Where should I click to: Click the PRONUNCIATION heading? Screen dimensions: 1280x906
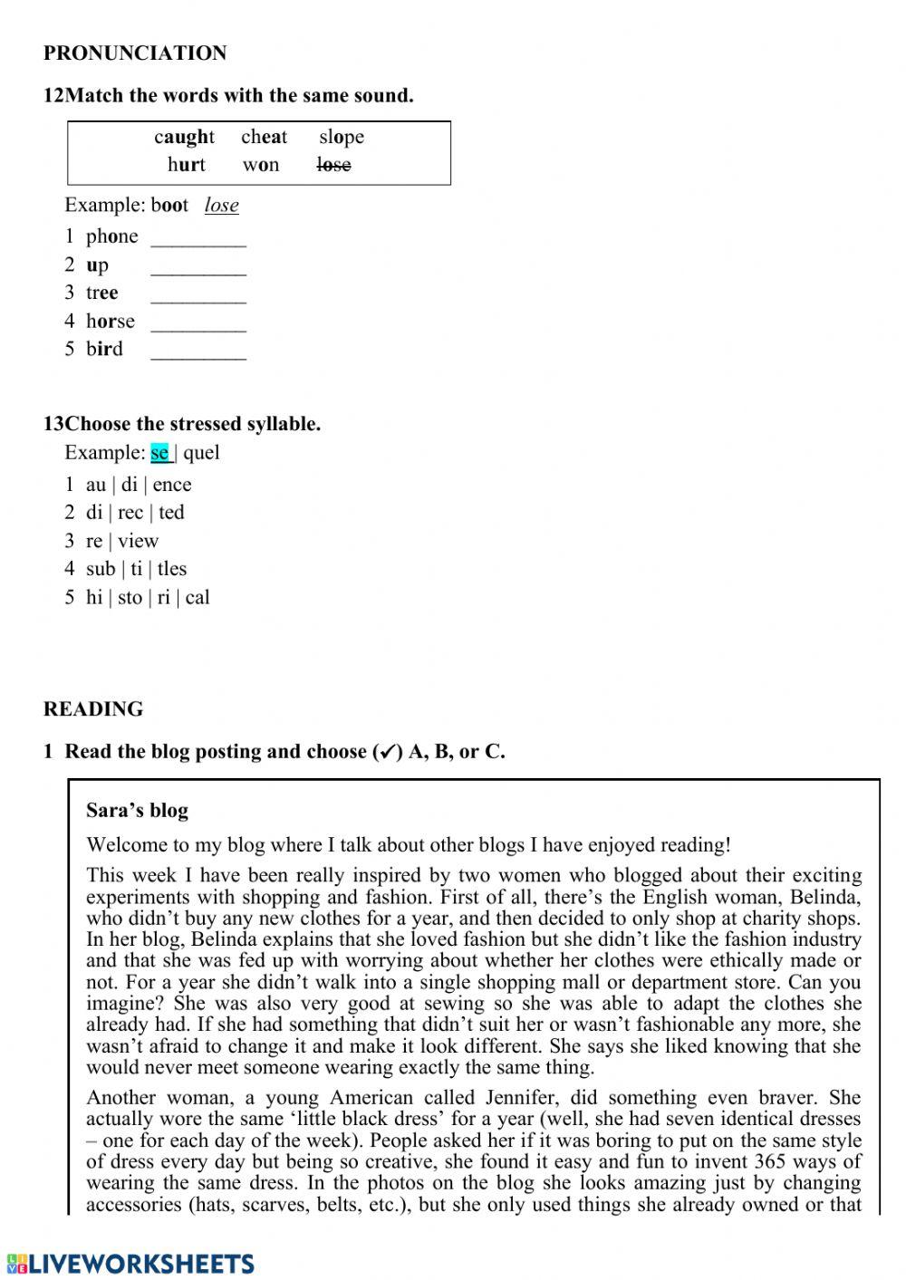click(x=135, y=53)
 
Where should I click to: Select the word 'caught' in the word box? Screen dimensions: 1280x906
click(x=184, y=137)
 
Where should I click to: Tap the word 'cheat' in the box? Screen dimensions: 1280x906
click(x=264, y=137)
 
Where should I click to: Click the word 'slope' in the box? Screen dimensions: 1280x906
click(x=341, y=137)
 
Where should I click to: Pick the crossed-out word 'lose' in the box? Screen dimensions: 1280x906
click(x=333, y=165)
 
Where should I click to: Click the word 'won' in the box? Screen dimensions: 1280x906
click(x=261, y=165)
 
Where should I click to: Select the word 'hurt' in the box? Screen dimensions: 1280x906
click(x=186, y=165)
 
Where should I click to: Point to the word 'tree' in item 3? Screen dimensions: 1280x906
click(x=101, y=293)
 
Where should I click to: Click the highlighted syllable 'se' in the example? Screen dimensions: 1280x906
click(x=159, y=453)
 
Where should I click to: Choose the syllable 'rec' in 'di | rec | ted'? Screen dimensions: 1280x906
click(x=130, y=513)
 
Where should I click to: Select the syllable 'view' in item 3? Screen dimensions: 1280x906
click(x=138, y=541)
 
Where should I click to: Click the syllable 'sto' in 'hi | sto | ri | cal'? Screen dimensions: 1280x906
click(x=130, y=598)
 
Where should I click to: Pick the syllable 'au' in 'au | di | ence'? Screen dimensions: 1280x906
click(x=95, y=485)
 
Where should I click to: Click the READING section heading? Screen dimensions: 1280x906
click(x=92, y=709)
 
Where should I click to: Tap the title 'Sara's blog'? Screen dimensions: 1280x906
click(x=137, y=811)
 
